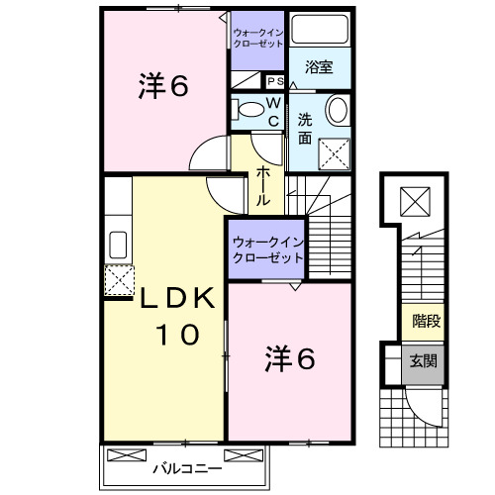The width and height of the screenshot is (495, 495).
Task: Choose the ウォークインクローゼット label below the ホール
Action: pyautogui.click(x=265, y=249)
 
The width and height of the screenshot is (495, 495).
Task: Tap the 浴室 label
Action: pyautogui.click(x=319, y=67)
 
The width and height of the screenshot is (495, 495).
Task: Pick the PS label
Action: pyautogui.click(x=274, y=82)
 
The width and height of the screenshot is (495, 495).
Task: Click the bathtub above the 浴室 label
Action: pyautogui.click(x=319, y=31)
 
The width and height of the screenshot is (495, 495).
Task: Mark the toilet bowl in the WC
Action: pyautogui.click(x=251, y=109)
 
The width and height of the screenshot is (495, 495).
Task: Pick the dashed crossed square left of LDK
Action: pyautogui.click(x=118, y=280)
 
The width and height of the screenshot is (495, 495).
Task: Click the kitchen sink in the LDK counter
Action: pyautogui.click(x=117, y=245)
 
